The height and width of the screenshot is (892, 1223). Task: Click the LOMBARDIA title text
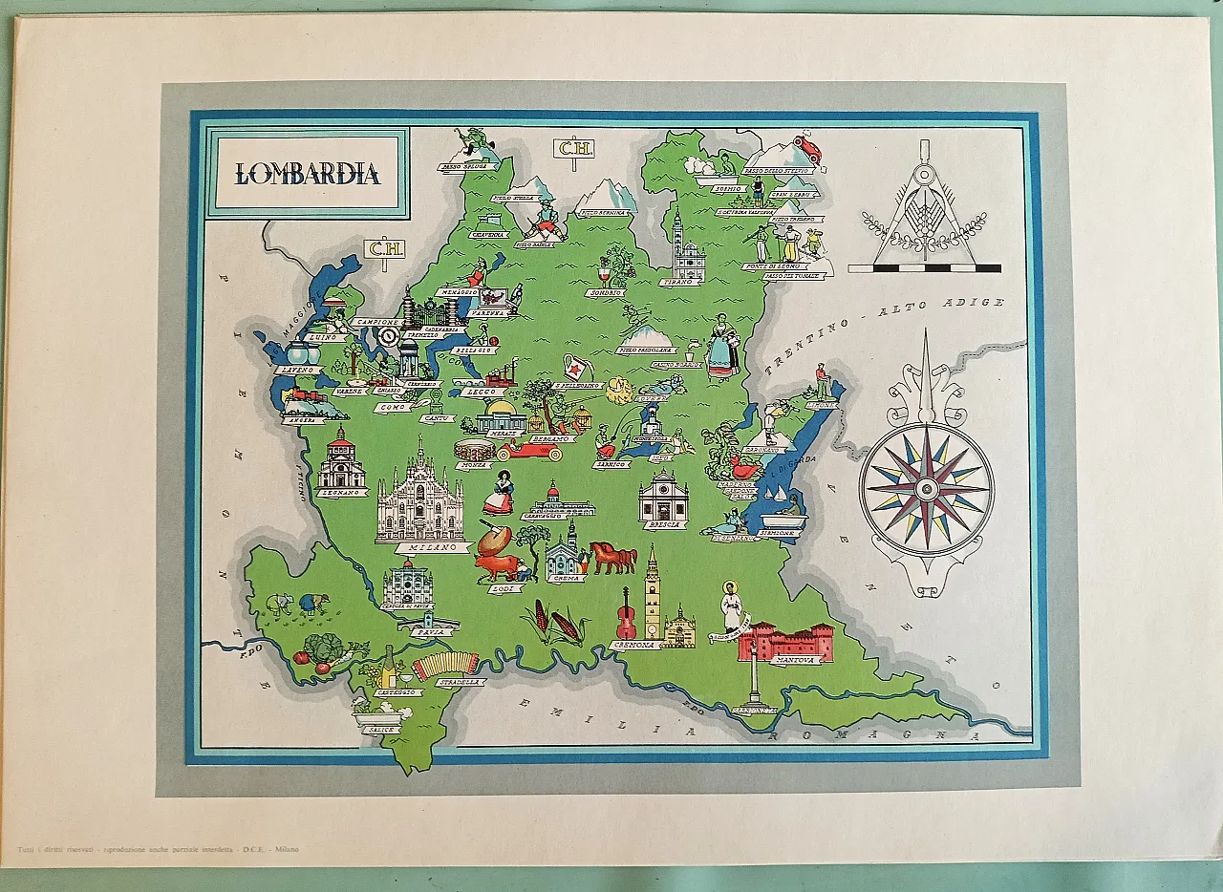click(x=308, y=174)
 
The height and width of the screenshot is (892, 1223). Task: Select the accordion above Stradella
click(x=446, y=663)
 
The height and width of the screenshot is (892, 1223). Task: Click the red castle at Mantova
click(x=784, y=641)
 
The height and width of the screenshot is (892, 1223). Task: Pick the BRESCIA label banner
click(x=664, y=524)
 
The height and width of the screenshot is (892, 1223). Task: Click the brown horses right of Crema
click(x=613, y=556)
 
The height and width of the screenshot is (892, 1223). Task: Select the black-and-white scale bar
click(x=924, y=268)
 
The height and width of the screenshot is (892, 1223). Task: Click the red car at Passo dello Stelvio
click(x=807, y=148)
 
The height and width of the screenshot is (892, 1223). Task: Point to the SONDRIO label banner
click(x=606, y=292)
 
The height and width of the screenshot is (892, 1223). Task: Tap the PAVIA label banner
click(x=426, y=630)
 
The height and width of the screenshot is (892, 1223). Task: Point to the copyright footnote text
click(x=158, y=849)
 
